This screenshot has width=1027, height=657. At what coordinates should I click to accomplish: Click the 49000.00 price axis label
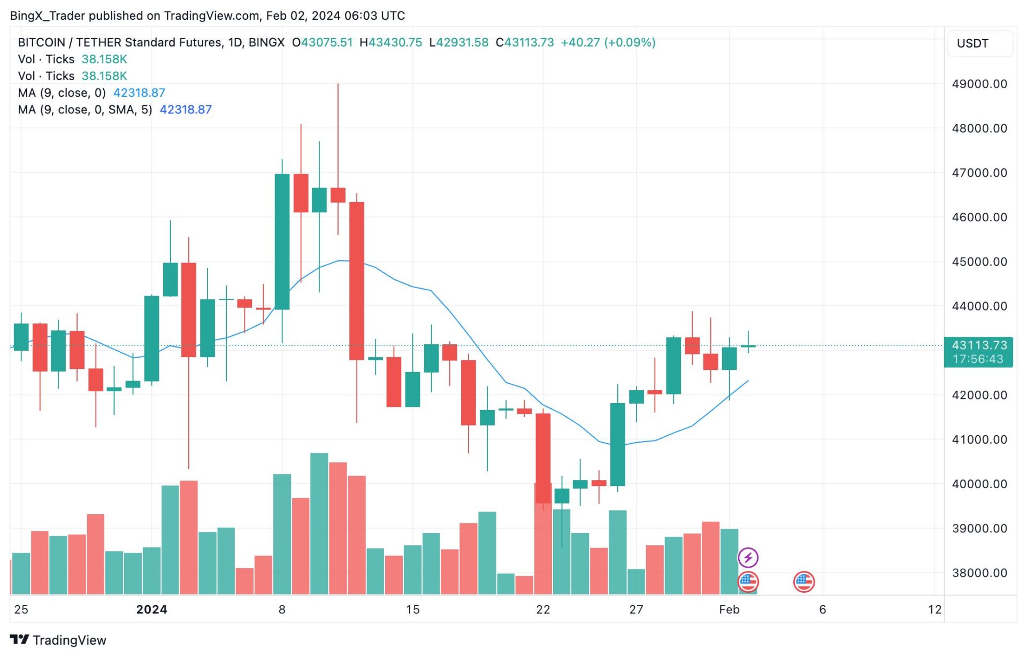coord(979,84)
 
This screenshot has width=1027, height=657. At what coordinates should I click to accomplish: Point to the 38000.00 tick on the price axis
coord(979,573)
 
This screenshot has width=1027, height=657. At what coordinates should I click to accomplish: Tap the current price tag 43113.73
coord(979,345)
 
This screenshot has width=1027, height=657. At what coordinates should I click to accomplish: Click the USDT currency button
coord(972,43)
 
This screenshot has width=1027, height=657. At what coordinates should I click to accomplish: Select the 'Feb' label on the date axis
coord(729,610)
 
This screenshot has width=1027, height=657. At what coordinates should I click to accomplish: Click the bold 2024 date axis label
coord(151,610)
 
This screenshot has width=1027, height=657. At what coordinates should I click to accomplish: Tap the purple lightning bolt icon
coord(748,558)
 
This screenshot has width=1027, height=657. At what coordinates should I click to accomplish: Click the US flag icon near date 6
coord(804,582)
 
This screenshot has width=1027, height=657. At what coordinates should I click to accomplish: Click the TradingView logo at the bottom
coord(58,640)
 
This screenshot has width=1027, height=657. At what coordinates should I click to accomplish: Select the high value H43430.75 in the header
coord(390,42)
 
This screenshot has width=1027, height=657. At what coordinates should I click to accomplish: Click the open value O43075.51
coord(322,42)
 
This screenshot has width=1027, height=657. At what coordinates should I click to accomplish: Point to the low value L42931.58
coord(459,42)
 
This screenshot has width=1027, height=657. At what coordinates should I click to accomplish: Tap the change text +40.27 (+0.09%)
coord(608,42)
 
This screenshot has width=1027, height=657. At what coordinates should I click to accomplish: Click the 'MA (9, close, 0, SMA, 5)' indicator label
coord(85,110)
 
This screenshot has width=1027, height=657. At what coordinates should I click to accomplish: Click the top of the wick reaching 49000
coord(338,84)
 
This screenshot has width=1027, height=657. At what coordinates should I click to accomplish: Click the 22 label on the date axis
coord(543,610)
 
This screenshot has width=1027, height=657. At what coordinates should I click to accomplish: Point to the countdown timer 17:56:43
coord(978,359)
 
